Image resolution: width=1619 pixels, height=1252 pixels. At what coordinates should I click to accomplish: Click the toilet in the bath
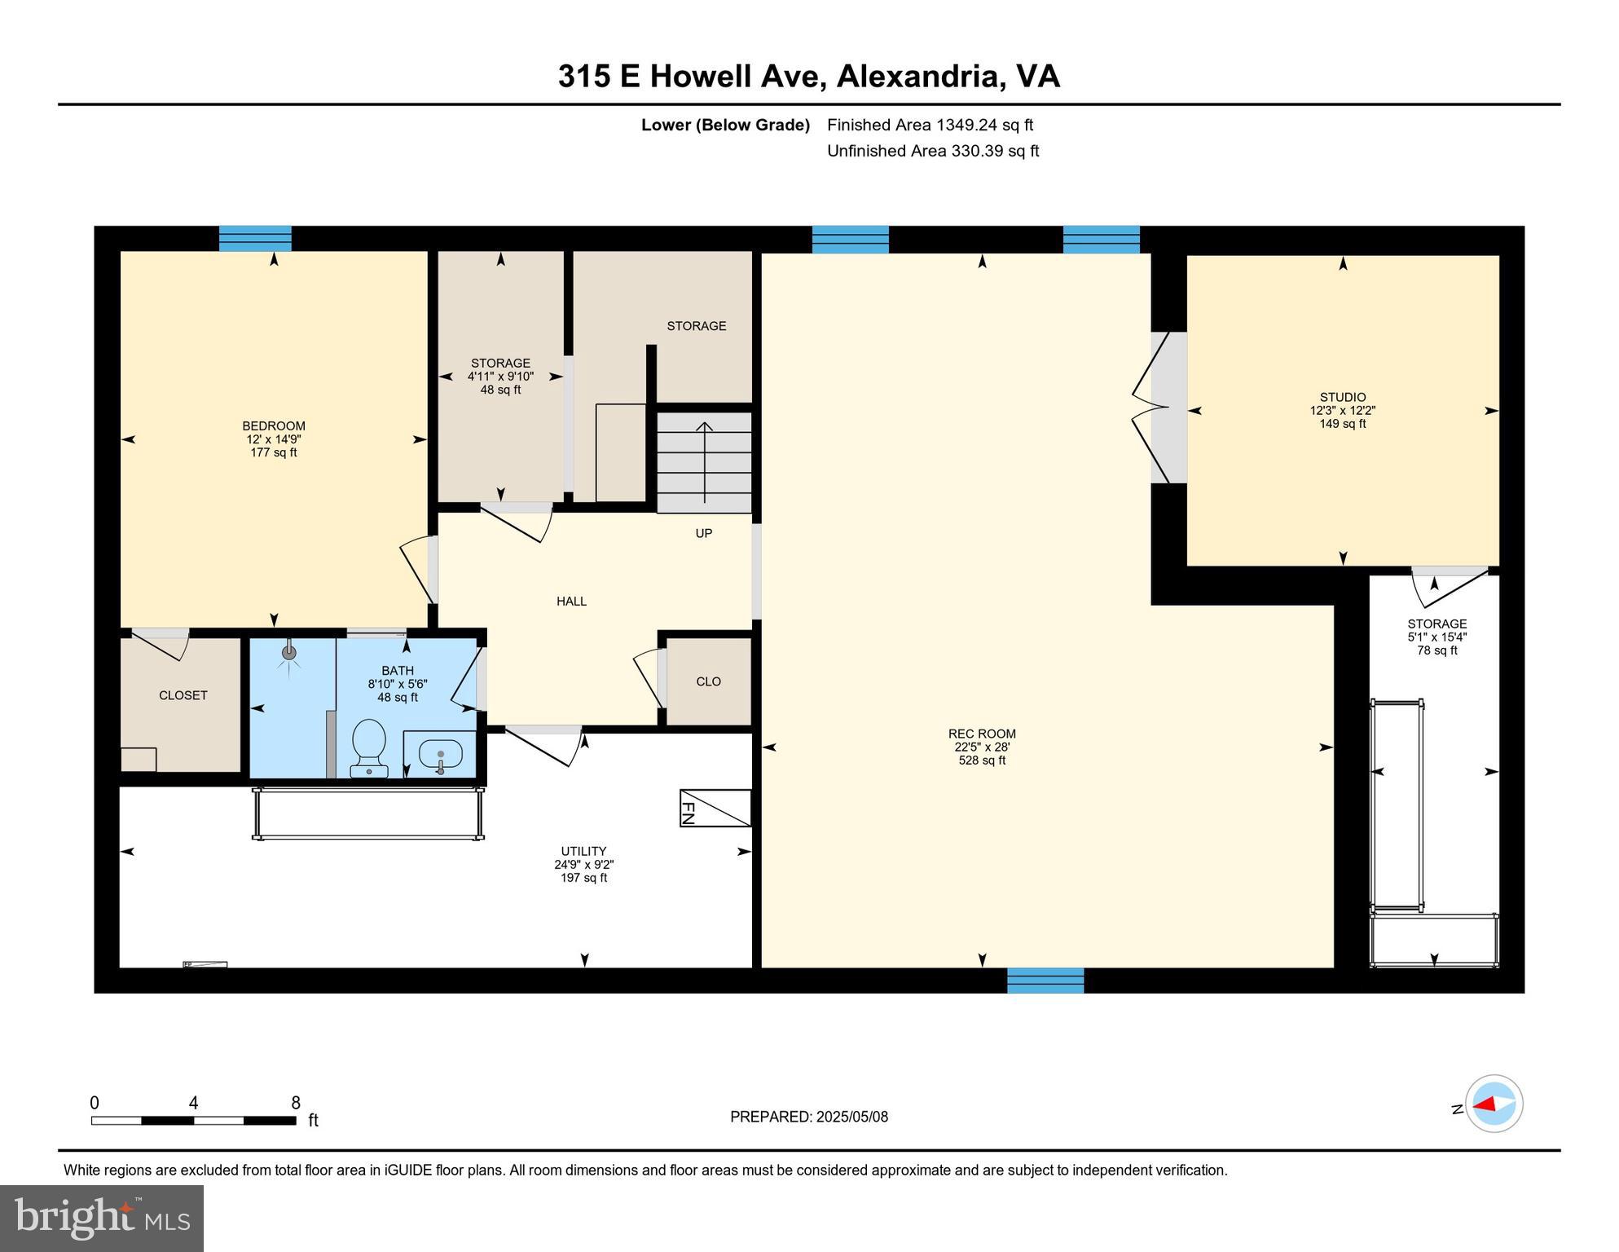tap(368, 745)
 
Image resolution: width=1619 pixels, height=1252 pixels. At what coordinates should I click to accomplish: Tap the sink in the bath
tap(440, 754)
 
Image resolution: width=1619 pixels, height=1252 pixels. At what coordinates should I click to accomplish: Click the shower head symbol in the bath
tap(288, 653)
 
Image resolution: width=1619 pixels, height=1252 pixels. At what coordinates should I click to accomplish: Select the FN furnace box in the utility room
tap(715, 808)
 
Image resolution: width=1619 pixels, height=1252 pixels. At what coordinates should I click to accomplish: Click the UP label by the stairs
tap(703, 533)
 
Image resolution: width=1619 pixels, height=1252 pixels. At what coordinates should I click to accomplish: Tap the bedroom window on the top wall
tap(255, 238)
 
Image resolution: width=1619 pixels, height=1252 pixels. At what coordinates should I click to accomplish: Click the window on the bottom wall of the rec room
tap(1045, 980)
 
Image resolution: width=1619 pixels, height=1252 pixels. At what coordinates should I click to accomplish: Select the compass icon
tap(1494, 1104)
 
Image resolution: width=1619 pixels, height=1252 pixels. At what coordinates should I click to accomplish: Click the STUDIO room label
tap(1342, 398)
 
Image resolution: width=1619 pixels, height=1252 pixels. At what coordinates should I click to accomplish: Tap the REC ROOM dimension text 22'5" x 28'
tap(982, 747)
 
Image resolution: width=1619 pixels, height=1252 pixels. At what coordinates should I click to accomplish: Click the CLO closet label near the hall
tap(708, 681)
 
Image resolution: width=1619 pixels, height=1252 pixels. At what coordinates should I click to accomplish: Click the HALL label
tap(571, 601)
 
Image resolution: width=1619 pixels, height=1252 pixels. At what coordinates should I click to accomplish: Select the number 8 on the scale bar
tap(296, 1103)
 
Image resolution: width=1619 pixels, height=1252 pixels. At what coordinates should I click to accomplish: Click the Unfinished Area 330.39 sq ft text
tap(932, 151)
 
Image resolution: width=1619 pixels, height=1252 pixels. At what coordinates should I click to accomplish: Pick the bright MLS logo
tap(102, 1218)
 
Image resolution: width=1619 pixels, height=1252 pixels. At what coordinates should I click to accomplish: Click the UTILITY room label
tap(583, 851)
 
